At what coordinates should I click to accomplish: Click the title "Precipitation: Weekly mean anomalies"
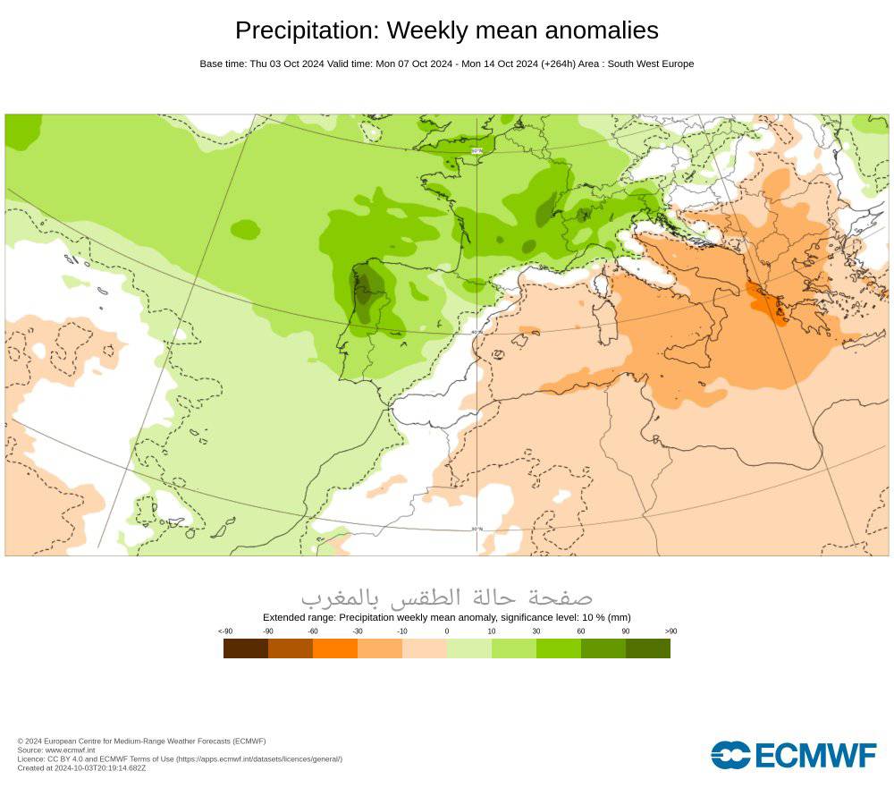pos(446,30)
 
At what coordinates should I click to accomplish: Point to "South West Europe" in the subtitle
pos(651,64)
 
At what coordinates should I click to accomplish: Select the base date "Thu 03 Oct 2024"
pos(283,64)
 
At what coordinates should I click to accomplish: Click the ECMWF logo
pos(794,755)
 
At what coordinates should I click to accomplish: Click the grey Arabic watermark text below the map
pos(446,596)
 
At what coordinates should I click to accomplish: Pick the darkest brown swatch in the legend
pos(246,648)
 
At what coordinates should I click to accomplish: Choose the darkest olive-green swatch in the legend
pos(648,648)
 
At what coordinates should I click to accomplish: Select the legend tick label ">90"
pos(670,631)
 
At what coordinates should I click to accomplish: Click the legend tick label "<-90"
pos(225,631)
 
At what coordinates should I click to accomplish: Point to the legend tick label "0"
pos(447,631)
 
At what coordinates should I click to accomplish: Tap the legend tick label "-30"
pos(358,631)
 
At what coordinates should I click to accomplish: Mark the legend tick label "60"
pos(581,631)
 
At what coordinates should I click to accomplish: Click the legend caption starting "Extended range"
pos(446,617)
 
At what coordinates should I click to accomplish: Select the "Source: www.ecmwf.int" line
pos(56,750)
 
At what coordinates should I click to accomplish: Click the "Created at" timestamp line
pos(81,767)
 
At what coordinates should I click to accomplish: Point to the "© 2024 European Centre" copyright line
pos(141,741)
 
